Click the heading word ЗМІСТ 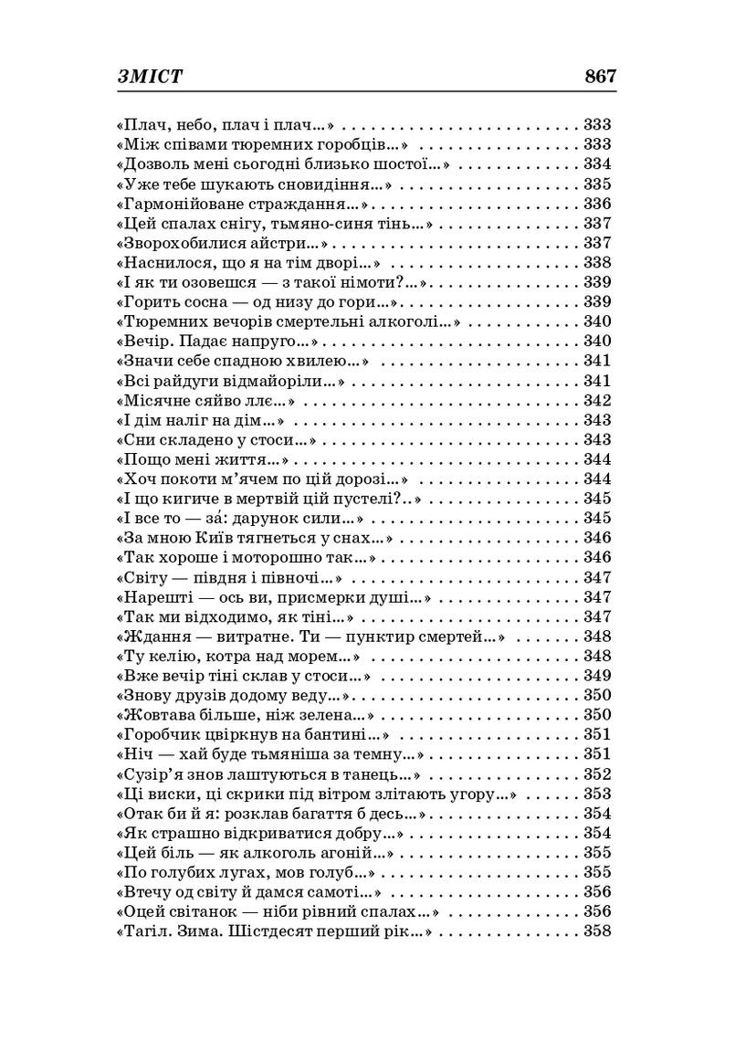[x=150, y=77]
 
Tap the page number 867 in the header [x=601, y=77]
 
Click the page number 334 [x=597, y=164]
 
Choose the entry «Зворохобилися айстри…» [x=225, y=243]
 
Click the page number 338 [x=597, y=263]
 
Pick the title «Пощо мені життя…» [x=206, y=459]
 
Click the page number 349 [x=597, y=676]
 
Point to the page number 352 [x=597, y=774]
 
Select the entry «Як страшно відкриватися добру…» [x=262, y=833]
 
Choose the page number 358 [x=597, y=931]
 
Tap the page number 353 [x=597, y=794]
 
